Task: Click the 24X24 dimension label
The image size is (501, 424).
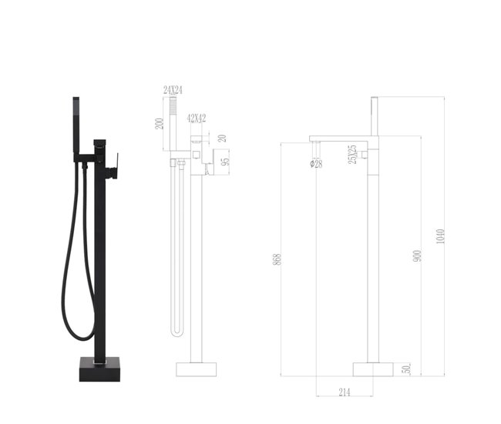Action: [172, 90]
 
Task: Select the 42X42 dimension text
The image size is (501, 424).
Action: [196, 118]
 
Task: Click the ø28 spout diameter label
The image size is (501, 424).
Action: [317, 164]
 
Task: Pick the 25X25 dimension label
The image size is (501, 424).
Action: [351, 154]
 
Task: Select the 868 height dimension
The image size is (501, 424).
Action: [277, 260]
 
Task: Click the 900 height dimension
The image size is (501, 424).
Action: [417, 255]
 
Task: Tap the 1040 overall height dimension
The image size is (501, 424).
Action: [441, 236]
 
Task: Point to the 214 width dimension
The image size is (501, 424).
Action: [345, 392]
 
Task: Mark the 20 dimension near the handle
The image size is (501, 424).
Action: [222, 139]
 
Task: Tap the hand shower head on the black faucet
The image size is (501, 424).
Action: [76, 115]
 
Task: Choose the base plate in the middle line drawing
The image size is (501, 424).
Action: [197, 368]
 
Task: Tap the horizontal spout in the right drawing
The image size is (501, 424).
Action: [343, 139]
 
